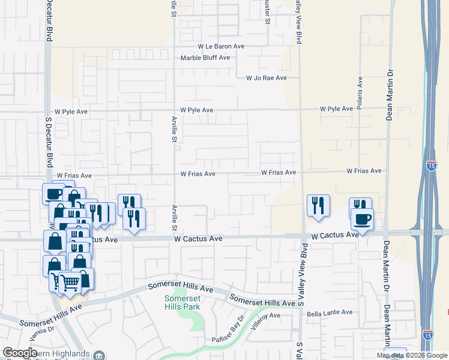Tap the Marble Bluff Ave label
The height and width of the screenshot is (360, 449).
205,58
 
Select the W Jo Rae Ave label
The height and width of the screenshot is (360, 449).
267,78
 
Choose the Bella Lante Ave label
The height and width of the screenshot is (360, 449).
330,313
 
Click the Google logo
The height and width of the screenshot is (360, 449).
20,353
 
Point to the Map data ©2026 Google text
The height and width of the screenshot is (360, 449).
412,355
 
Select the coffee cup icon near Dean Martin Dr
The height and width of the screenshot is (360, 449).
362,219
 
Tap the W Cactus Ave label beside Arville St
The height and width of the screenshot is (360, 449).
199,239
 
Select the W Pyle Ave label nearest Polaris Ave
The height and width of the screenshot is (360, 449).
336,109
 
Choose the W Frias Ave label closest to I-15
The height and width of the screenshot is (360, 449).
364,171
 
